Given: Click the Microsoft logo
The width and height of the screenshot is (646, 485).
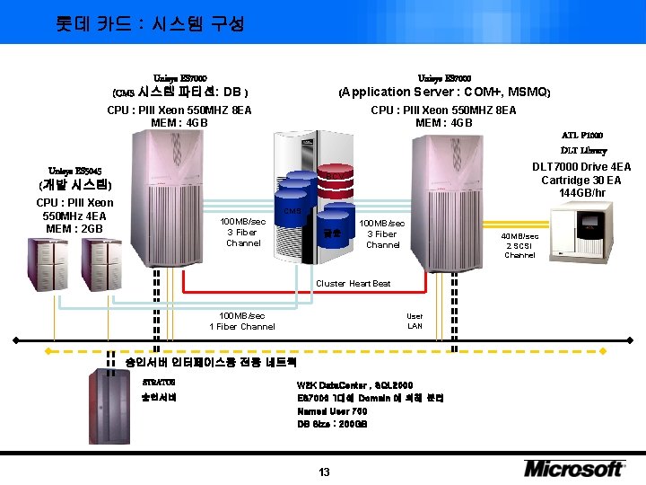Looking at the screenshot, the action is point(574,468).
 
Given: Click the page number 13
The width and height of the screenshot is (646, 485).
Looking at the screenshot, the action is point(324,472).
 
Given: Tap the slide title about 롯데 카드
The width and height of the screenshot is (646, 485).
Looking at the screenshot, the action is point(150,23).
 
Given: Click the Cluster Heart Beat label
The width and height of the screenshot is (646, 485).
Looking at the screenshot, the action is point(353,284).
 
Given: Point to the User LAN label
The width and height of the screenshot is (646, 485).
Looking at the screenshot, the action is point(415,321).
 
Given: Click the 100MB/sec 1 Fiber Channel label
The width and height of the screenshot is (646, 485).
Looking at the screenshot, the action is point(242,321).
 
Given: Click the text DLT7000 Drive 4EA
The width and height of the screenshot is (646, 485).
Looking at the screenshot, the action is point(581,167).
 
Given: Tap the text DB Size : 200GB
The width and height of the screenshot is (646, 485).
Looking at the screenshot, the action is point(332,424).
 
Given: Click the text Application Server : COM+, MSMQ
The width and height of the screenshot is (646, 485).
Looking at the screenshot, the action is point(443,92).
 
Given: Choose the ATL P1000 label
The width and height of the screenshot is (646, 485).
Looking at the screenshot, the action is point(582,135).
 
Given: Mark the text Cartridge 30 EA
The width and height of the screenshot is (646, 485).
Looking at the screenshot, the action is point(583,180).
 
